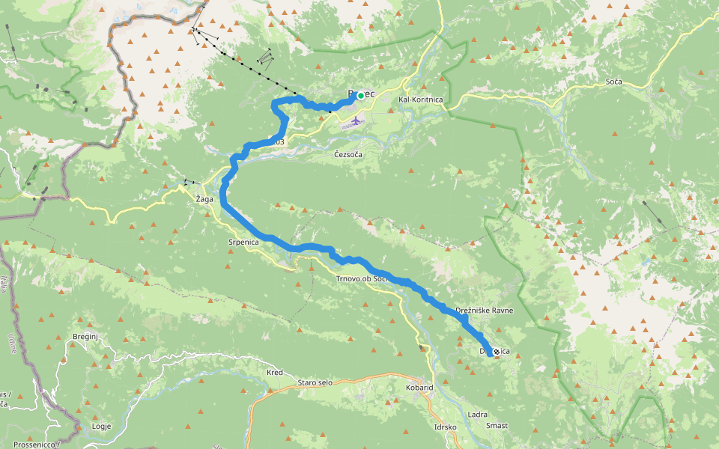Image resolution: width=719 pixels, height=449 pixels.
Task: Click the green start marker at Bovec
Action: point(360,96)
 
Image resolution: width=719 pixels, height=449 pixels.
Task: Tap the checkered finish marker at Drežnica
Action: point(496,350)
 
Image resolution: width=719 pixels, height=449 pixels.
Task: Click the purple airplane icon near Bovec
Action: point(355,120)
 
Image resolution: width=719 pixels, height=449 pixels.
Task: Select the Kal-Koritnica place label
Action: point(421,100)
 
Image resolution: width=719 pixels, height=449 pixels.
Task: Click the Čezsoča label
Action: point(348,154)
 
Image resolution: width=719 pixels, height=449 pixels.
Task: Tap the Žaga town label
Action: point(204,200)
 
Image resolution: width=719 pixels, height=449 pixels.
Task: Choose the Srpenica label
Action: point(243,242)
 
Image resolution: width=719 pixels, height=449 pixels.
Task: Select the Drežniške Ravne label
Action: point(484,310)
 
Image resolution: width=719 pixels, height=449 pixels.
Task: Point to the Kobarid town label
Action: point(419,388)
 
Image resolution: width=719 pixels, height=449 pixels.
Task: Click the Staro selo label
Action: point(315,382)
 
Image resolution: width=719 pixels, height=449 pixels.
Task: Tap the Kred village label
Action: point(275,372)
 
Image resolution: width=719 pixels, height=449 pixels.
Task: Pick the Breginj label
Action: point(86,337)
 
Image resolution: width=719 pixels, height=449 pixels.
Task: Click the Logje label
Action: point(101,426)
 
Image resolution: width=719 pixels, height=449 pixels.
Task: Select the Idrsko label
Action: point(446,427)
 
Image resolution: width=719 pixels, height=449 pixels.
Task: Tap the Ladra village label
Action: point(477,414)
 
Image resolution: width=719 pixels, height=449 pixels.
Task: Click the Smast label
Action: point(497,426)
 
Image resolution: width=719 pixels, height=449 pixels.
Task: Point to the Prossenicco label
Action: point(35,445)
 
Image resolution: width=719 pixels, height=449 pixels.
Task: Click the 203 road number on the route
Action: point(278,141)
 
